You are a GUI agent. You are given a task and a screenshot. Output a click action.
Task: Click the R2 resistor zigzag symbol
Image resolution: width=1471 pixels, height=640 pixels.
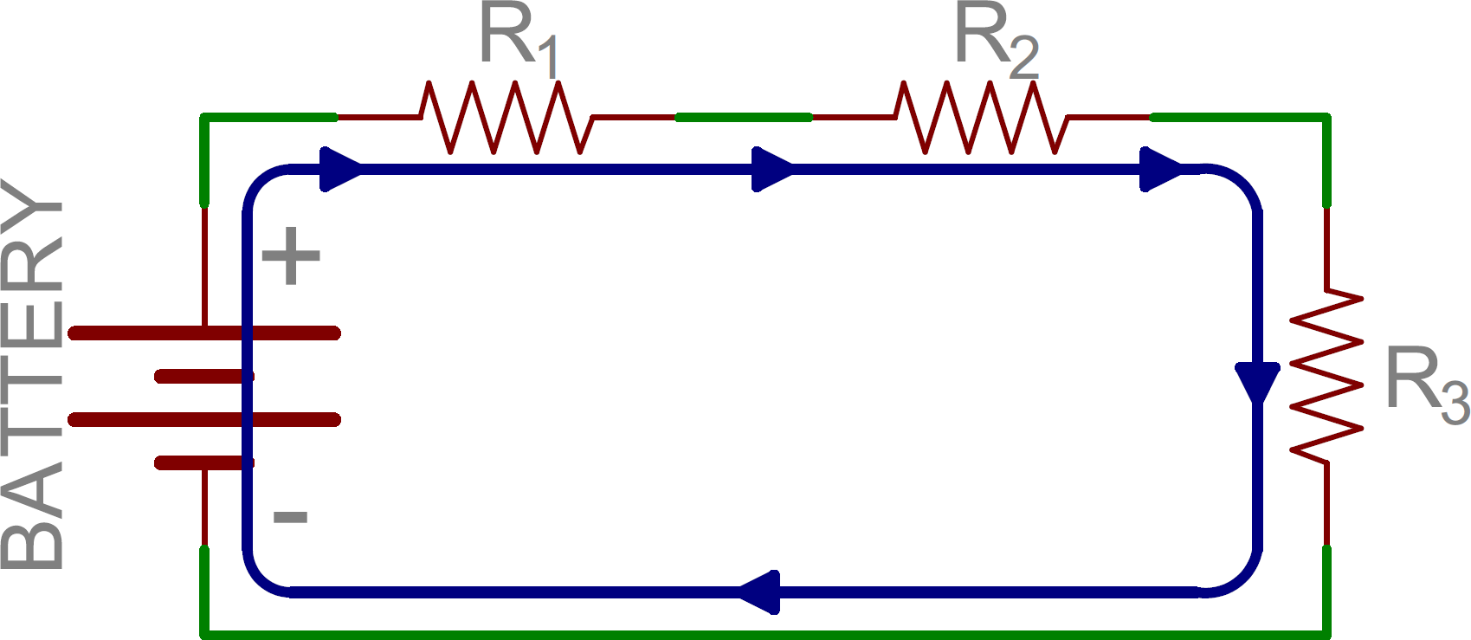tap(981, 117)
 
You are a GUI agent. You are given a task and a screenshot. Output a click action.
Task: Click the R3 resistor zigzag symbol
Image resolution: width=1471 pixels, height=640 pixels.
tap(1326, 375)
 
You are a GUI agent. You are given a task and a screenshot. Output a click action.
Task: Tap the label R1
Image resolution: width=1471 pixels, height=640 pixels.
tap(517, 39)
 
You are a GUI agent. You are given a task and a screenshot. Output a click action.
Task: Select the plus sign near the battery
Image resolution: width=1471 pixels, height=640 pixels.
tap(291, 255)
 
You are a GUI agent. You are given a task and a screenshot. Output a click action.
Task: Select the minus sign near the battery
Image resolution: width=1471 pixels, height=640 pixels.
tap(290, 517)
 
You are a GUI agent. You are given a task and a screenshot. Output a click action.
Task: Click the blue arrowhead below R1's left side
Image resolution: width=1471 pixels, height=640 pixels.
tap(340, 169)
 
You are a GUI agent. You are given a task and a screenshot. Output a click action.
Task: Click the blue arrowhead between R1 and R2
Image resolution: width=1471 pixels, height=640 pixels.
tap(771, 169)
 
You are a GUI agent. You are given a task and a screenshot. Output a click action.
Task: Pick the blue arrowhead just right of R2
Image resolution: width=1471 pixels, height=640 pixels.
tap(1160, 169)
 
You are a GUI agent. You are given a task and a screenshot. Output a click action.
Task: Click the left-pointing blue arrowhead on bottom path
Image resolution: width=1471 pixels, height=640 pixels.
tap(760, 592)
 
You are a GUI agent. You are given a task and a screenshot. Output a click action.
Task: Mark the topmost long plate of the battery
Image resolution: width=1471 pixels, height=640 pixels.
tap(204, 333)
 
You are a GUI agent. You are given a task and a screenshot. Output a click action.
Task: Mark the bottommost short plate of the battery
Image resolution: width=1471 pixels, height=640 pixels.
tap(204, 463)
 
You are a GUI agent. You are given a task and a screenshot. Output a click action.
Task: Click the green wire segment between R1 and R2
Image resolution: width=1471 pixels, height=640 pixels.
tap(744, 117)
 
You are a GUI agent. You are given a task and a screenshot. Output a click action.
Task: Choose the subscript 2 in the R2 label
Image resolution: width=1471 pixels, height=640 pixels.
tap(1023, 58)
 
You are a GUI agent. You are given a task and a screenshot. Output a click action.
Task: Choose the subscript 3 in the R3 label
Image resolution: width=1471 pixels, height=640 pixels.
tap(1455, 403)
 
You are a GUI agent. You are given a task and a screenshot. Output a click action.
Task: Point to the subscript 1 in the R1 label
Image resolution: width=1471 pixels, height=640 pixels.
tap(547, 58)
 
